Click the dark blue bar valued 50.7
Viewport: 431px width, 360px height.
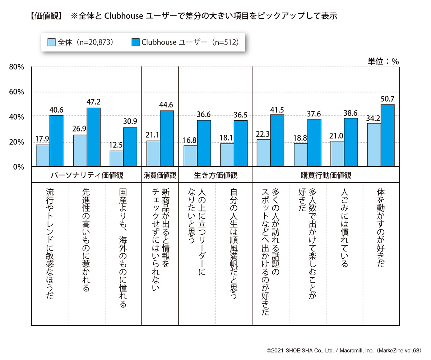tap(388, 135)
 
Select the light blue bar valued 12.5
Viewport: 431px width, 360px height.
tap(117, 158)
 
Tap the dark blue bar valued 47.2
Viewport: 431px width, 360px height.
tap(93, 137)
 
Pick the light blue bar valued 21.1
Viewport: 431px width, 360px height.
tap(153, 153)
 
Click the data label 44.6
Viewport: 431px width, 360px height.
tap(166, 105)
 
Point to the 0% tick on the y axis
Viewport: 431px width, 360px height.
tap(18, 167)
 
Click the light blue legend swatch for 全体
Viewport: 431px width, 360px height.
tap(51, 42)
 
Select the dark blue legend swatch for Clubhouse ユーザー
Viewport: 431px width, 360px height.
tap(136, 42)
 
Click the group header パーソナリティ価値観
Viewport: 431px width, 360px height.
tap(87, 176)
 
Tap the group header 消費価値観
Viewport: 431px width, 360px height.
tap(160, 176)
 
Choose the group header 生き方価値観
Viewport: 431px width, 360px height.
tap(215, 176)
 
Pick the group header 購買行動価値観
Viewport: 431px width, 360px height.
tap(325, 176)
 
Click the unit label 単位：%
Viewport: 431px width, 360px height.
tap(383, 61)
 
